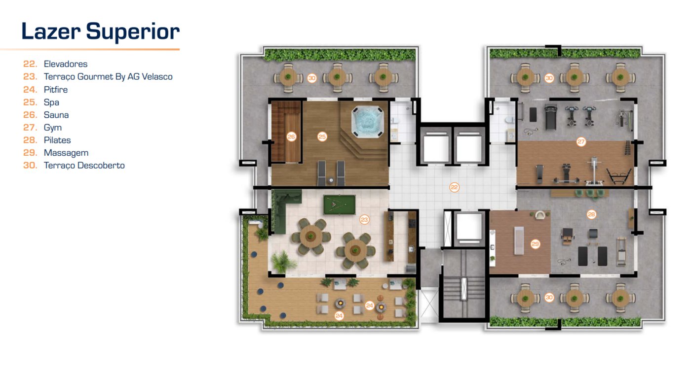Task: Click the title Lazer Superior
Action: point(101,32)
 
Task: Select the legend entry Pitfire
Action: point(55,90)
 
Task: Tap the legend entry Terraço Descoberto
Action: point(84,166)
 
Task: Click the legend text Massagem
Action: point(66,153)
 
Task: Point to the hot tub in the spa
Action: point(367,122)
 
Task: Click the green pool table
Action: point(340,205)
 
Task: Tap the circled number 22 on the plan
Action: point(454,187)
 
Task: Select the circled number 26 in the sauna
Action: point(291,136)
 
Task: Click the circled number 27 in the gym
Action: point(581,141)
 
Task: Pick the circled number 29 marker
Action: point(535,244)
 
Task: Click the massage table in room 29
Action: point(519,241)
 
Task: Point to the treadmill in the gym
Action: point(551,117)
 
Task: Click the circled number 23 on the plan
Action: point(364,219)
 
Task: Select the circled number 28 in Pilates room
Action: point(591,214)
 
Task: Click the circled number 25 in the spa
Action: point(322,136)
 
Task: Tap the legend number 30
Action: point(30,166)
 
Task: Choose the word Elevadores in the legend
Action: point(65,64)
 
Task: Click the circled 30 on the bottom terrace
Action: point(549,298)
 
